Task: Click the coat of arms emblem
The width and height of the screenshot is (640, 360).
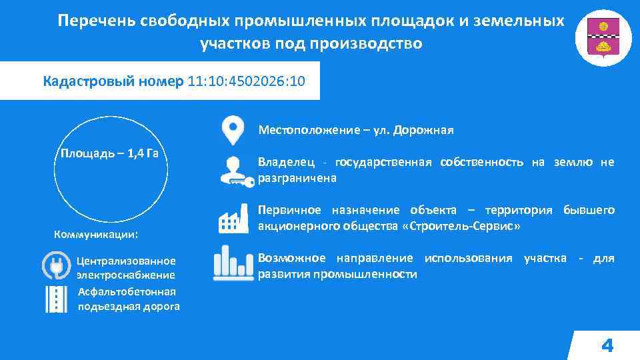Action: pyautogui.click(x=603, y=38)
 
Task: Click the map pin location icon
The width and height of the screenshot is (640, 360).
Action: pyautogui.click(x=232, y=131)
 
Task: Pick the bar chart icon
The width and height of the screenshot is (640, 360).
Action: pyautogui.click(x=233, y=263)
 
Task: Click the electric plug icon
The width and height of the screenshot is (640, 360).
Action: pyautogui.click(x=56, y=265)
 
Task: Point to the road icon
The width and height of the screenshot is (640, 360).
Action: pyautogui.click(x=56, y=299)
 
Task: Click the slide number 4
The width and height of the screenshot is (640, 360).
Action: pyautogui.click(x=607, y=345)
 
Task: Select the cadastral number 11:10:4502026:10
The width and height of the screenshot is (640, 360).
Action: pyautogui.click(x=247, y=82)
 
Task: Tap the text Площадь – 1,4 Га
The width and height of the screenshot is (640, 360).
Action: pyautogui.click(x=109, y=153)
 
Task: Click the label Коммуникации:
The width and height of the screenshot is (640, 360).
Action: pyautogui.click(x=95, y=235)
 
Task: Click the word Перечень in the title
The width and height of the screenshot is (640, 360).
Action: pyautogui.click(x=97, y=21)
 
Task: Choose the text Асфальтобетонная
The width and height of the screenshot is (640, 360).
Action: pyautogui.click(x=127, y=291)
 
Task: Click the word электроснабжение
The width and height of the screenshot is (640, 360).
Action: pyautogui.click(x=125, y=275)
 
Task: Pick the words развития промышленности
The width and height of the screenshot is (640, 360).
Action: pyautogui.click(x=337, y=274)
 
